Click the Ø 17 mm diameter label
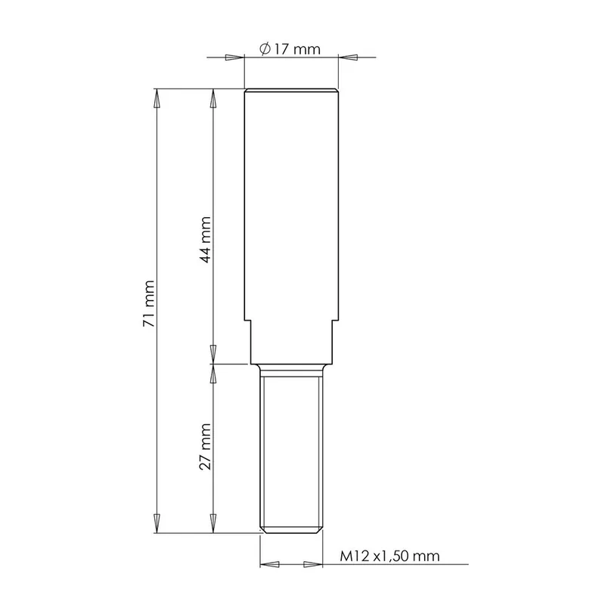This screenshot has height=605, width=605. coord(290,49)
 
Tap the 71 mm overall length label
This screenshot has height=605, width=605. coord(149,304)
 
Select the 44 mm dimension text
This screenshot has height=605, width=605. coord(205,240)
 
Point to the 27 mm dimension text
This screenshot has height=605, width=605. coord(205,446)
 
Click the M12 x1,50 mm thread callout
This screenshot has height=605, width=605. coord(389,556)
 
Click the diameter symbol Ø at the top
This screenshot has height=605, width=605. coord(265,49)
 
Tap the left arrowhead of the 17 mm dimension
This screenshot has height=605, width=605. coord(235,57)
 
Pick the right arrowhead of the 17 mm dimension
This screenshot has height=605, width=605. coord(348,57)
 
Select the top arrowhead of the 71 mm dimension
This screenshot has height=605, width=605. coord(157,98)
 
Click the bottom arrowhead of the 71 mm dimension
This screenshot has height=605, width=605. coord(157,523)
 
